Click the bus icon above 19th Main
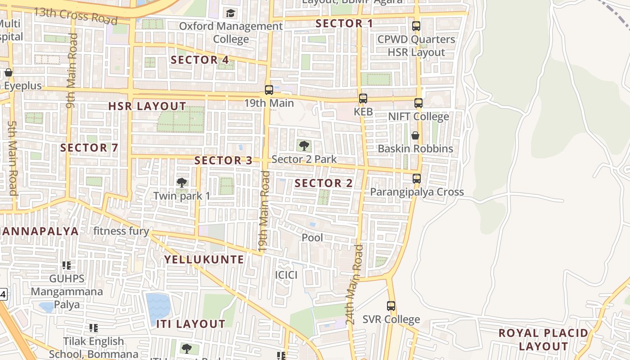click(269, 90)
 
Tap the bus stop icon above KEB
click(363, 98)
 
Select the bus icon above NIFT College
click(418, 103)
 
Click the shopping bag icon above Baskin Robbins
click(415, 135)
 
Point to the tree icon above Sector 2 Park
click(304, 145)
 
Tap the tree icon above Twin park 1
click(182, 182)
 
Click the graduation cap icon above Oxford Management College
click(231, 13)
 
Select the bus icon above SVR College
click(391, 306)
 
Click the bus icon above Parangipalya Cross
click(417, 179)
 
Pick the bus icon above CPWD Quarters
click(416, 26)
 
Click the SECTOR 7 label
click(89, 148)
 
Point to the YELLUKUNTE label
click(204, 260)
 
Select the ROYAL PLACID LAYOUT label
click(544, 340)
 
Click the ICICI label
click(286, 274)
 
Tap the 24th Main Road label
click(354, 285)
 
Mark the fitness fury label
click(121, 231)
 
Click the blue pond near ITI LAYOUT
click(158, 308)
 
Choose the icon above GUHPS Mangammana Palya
click(67, 265)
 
